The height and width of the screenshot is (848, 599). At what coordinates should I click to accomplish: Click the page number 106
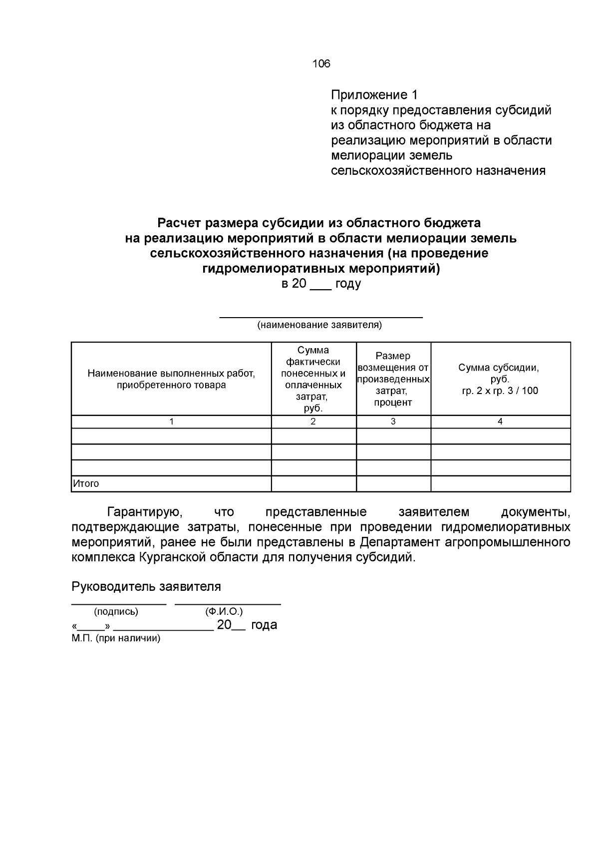321,64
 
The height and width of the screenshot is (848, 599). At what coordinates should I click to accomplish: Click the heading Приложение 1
374,95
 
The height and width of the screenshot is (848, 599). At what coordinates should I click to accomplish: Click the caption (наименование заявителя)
319,326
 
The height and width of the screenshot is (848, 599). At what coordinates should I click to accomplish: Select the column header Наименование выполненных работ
171,374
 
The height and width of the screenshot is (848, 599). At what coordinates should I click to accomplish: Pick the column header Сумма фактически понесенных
313,367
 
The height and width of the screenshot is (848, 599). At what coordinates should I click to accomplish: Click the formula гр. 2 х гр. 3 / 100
500,391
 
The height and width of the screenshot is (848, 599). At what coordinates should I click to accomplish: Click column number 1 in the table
171,422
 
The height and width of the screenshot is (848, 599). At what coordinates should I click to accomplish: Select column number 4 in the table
500,422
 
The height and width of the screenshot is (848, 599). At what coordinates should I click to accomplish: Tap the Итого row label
86,483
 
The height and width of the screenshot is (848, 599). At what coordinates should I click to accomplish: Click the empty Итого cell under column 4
500,483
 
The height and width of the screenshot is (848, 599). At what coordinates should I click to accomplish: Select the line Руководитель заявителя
146,586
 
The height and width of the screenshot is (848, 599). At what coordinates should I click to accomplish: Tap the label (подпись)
116,611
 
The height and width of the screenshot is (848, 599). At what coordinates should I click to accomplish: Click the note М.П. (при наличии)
116,638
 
